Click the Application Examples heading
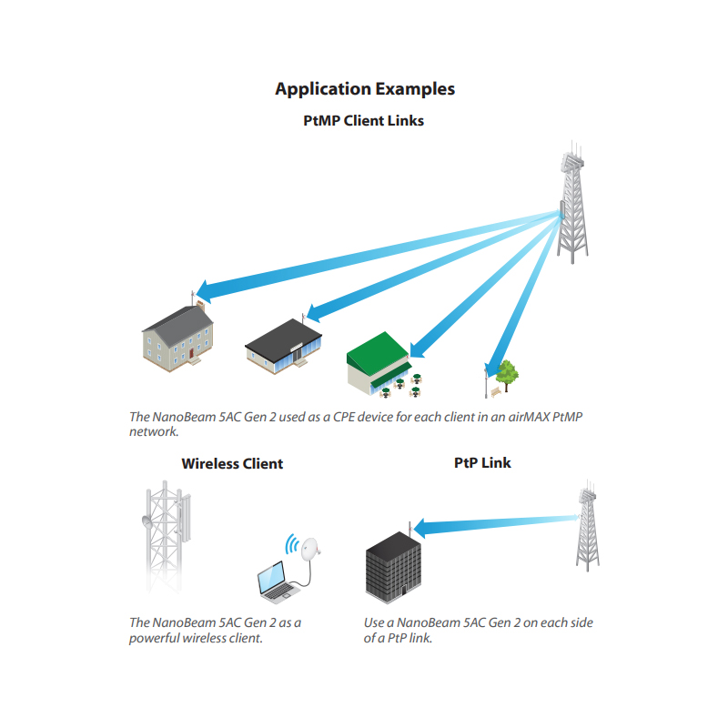coord(364,89)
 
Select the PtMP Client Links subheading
coord(363,120)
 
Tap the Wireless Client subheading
coord(232,464)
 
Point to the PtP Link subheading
coord(482,463)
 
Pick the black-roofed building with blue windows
coord(283,347)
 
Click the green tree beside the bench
coord(508,372)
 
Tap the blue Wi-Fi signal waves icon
coord(292,545)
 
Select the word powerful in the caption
coord(157,639)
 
